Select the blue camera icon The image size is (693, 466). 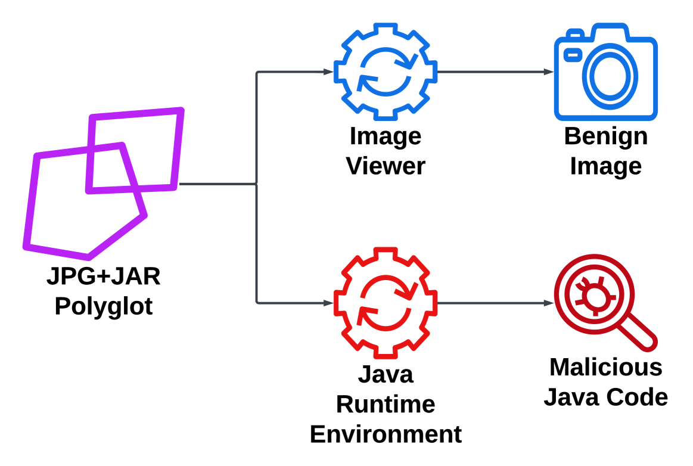605,72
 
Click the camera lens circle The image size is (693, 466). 613,74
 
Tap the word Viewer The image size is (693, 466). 386,166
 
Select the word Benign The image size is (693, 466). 605,136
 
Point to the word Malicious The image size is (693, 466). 605,367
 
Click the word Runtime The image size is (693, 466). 386,404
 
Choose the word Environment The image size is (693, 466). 386,434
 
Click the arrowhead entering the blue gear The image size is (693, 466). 328,72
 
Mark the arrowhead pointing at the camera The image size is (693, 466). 549,72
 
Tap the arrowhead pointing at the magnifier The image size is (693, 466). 549,303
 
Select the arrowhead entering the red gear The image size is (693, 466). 328,303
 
